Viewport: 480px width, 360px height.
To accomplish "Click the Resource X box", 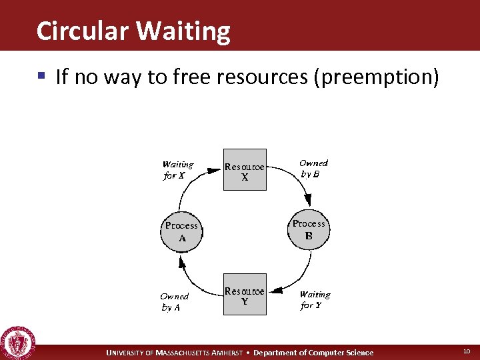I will [x=244, y=169].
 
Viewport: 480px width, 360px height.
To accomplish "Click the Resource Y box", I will [x=244, y=294].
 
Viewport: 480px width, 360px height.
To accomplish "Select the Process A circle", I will [x=181, y=231].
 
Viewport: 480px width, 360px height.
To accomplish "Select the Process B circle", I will [x=309, y=229].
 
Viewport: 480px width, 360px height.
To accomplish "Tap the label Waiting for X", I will [x=178, y=170].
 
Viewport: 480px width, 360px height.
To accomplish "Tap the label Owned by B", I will [x=313, y=168].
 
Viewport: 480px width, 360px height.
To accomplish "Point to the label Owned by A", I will [x=174, y=302].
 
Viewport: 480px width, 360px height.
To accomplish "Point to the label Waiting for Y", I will [x=315, y=299].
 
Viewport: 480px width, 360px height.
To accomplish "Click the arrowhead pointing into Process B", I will [x=308, y=201].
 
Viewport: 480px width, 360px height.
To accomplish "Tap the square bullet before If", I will [x=42, y=77].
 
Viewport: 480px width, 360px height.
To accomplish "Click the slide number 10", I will [x=466, y=352].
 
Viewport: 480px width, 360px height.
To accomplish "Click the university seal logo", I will [x=18, y=343].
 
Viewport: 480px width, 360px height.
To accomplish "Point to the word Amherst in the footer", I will [x=231, y=353].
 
